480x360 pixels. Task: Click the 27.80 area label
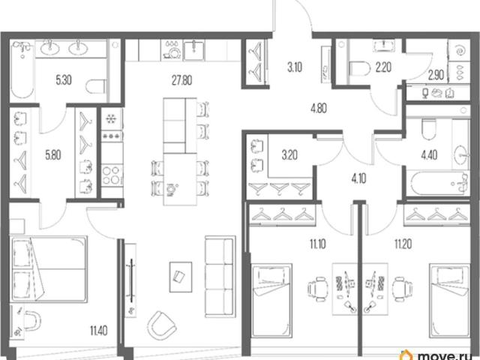181,80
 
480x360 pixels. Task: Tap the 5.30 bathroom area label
64,80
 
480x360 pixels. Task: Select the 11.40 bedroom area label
98,331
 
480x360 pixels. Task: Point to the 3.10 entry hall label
295,67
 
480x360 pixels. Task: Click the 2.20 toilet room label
383,67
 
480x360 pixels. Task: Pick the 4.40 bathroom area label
429,155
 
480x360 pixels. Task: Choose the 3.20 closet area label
289,155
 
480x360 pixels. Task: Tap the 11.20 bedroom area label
403,244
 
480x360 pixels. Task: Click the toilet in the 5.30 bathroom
96,86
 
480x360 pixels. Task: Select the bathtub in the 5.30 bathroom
22,70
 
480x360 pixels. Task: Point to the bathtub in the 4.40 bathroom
438,184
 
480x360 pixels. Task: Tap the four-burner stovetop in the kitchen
112,175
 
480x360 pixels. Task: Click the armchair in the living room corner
162,325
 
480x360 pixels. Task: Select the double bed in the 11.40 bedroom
49,268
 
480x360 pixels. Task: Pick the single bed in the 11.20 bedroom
449,301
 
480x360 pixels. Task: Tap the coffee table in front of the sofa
181,277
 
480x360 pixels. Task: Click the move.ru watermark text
445,356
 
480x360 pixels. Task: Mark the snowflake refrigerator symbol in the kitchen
110,118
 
